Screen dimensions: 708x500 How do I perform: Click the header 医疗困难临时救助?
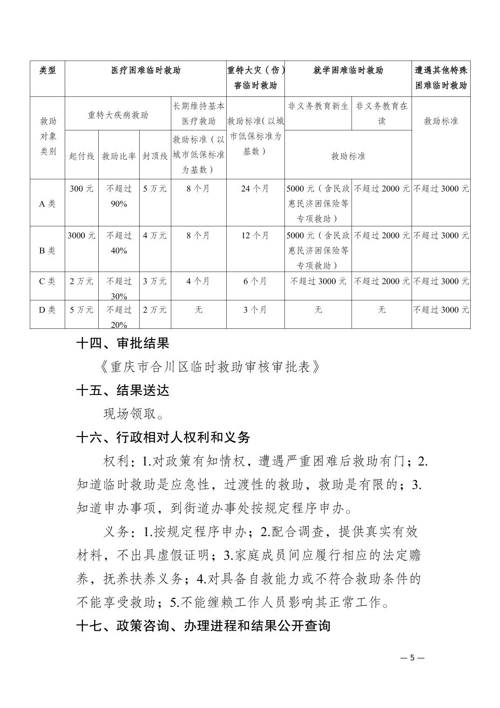[145, 71]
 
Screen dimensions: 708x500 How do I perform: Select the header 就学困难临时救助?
[348, 71]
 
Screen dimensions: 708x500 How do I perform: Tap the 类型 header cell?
[47, 71]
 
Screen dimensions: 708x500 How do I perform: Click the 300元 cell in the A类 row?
[81, 189]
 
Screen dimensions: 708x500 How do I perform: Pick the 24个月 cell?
[255, 189]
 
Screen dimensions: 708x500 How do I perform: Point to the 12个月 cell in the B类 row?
[255, 235]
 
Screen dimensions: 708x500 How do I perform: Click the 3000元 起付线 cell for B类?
[81, 235]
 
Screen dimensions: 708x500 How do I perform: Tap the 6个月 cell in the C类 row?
[255, 281]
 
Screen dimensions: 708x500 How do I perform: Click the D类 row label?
[47, 310]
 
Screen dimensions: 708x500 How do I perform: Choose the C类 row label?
[47, 281]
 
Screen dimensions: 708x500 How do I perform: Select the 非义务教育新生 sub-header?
[318, 106]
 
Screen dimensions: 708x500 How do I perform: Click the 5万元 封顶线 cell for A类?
[155, 189]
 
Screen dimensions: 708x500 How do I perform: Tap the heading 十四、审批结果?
[123, 344]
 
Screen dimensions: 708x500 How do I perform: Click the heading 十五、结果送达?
[123, 390]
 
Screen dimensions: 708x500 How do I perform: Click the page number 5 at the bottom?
[412, 658]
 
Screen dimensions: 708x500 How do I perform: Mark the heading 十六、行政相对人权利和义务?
[163, 437]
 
